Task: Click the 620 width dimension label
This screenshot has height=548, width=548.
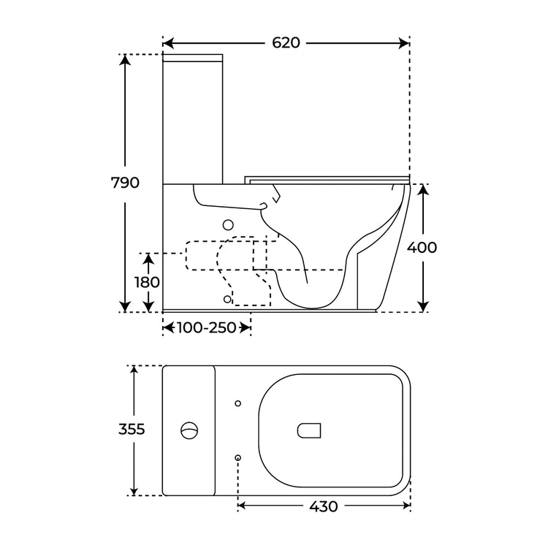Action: pos(286,43)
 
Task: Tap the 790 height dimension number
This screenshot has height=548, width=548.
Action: pos(125,183)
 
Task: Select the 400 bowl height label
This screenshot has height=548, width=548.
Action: pos(422,248)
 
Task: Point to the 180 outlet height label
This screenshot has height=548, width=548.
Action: pos(147,282)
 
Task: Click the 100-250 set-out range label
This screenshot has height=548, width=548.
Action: pos(206,328)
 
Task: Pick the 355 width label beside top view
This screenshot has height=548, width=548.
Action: pos(132,429)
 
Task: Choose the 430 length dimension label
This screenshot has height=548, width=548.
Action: pos(323,506)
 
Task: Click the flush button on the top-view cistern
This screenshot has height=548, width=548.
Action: pos(189,430)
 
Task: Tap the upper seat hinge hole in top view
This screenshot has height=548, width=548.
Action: pos(238,403)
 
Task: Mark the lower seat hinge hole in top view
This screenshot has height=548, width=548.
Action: pos(238,457)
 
